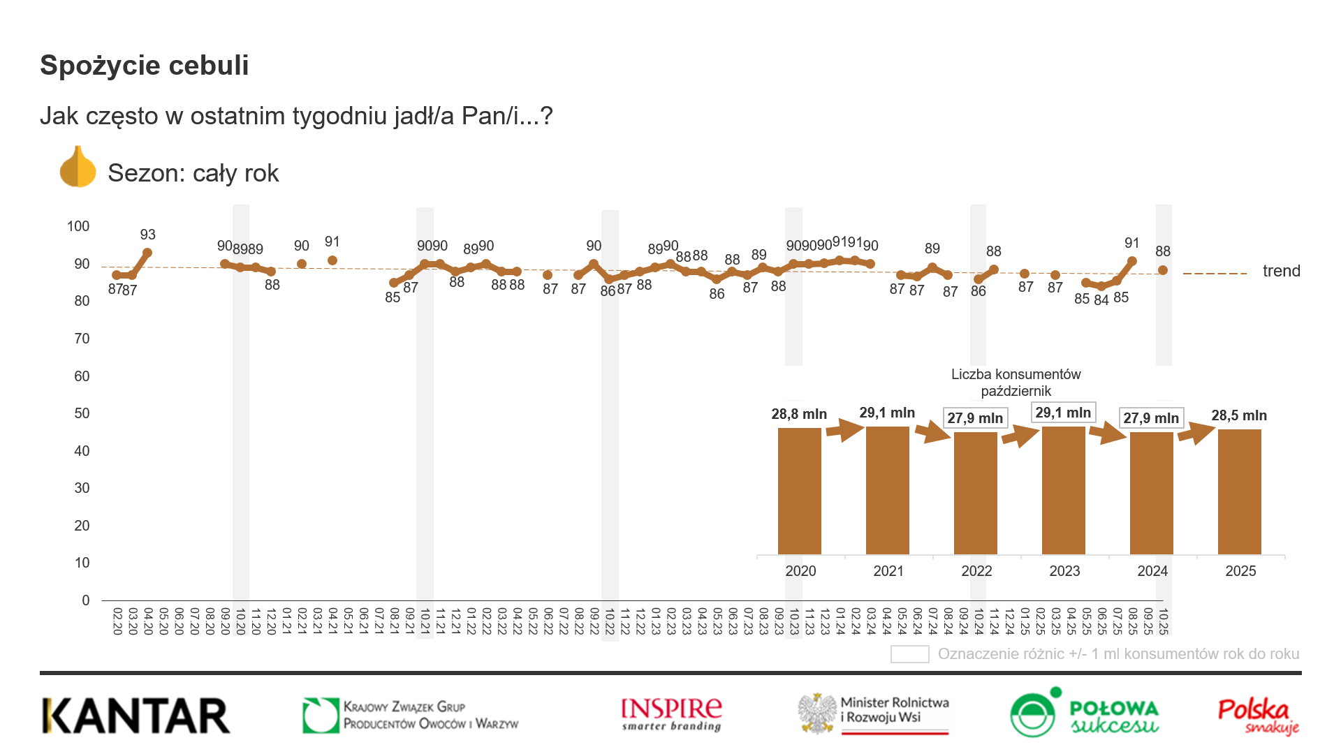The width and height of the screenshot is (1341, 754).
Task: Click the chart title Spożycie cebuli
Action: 145,66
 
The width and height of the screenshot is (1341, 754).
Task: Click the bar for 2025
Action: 1239,491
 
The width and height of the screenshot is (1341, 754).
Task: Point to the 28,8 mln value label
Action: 799,414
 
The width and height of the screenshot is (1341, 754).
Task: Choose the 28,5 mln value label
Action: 1239,415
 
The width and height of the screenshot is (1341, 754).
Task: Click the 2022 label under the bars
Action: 976,571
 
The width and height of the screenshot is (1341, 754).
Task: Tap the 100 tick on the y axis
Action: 78,226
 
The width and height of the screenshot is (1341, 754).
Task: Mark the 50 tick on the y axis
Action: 82,413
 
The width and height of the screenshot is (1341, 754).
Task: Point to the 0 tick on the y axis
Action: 85,600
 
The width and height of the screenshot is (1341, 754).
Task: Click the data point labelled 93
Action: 147,253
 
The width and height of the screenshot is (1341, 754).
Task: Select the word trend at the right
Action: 1281,271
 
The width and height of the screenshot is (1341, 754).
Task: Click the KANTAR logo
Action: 136,716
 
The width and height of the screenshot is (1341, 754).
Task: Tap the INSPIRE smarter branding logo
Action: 671,714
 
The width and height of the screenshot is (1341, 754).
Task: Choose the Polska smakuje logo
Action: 1258,716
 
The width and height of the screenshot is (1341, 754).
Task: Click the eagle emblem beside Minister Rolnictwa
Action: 818,713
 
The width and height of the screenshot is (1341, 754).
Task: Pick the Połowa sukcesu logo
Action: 1084,713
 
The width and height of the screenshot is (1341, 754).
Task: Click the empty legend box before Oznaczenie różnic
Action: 909,654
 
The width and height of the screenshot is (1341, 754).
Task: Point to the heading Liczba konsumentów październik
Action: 1016,383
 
